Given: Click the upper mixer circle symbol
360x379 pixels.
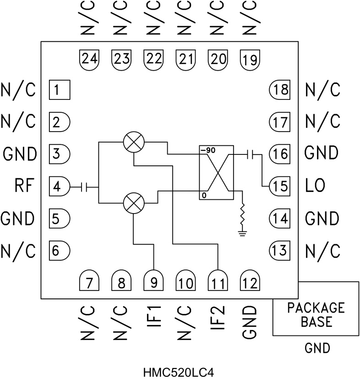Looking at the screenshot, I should point(133,143).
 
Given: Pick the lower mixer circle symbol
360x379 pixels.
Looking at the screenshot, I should point(133,202).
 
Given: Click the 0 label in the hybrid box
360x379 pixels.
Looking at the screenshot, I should point(202,196).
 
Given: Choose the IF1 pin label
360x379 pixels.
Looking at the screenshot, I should point(154,318).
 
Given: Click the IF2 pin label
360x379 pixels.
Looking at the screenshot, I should point(218,318).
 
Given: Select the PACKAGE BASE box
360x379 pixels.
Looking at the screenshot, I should point(316,314).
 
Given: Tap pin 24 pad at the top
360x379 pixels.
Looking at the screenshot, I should point(89,59).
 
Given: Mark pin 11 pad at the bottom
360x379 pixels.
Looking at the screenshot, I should point(218,280).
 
